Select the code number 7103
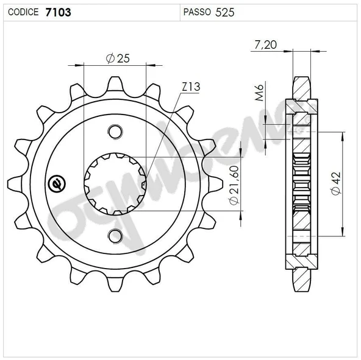pos(57,12)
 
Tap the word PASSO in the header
pos(198,12)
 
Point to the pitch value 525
pos(224,12)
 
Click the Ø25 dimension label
pos(117,58)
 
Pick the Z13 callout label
pos(190,87)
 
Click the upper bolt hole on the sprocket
pos(115,131)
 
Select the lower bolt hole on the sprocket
pos(115,235)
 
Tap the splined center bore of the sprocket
pos(115,183)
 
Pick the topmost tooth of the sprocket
pos(115,84)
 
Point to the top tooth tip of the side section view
pos(301,81)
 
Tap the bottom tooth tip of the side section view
pos(301,286)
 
